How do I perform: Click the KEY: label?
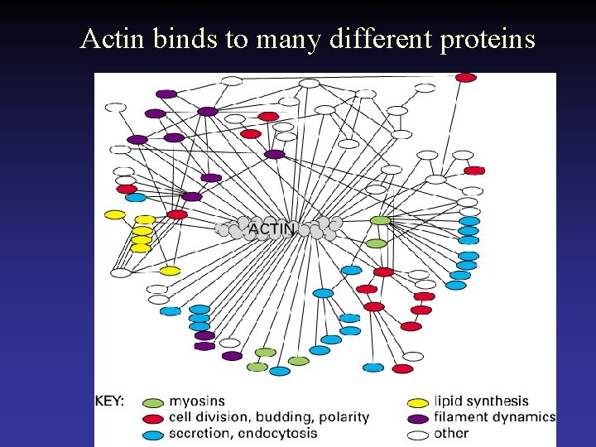point(109,401)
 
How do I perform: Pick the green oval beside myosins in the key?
point(153,403)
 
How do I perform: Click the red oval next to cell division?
point(153,419)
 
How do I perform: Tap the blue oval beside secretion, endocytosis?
point(153,434)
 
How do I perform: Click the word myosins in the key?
point(197,402)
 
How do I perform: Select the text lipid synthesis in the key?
point(481,402)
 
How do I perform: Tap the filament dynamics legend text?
point(494,417)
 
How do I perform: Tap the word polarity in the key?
point(343,417)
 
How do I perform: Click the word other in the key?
point(451,433)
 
